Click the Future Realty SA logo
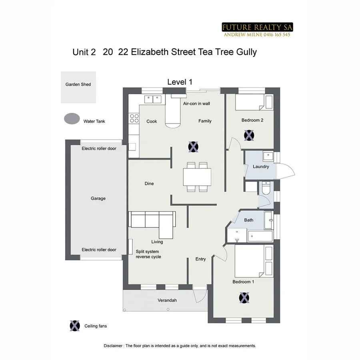[257, 30]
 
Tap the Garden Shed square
[78, 87]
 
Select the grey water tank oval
[72, 119]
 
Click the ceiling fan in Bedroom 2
[249, 135]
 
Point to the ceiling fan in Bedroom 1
[244, 298]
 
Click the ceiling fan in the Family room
[193, 147]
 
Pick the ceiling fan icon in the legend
[74, 326]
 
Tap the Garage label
[98, 198]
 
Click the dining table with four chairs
[197, 177]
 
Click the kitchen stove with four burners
[134, 118]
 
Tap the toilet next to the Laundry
[266, 187]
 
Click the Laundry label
[261, 166]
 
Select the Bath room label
[249, 220]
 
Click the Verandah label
[167, 300]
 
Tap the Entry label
[200, 259]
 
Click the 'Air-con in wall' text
[196, 103]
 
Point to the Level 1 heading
[180, 82]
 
